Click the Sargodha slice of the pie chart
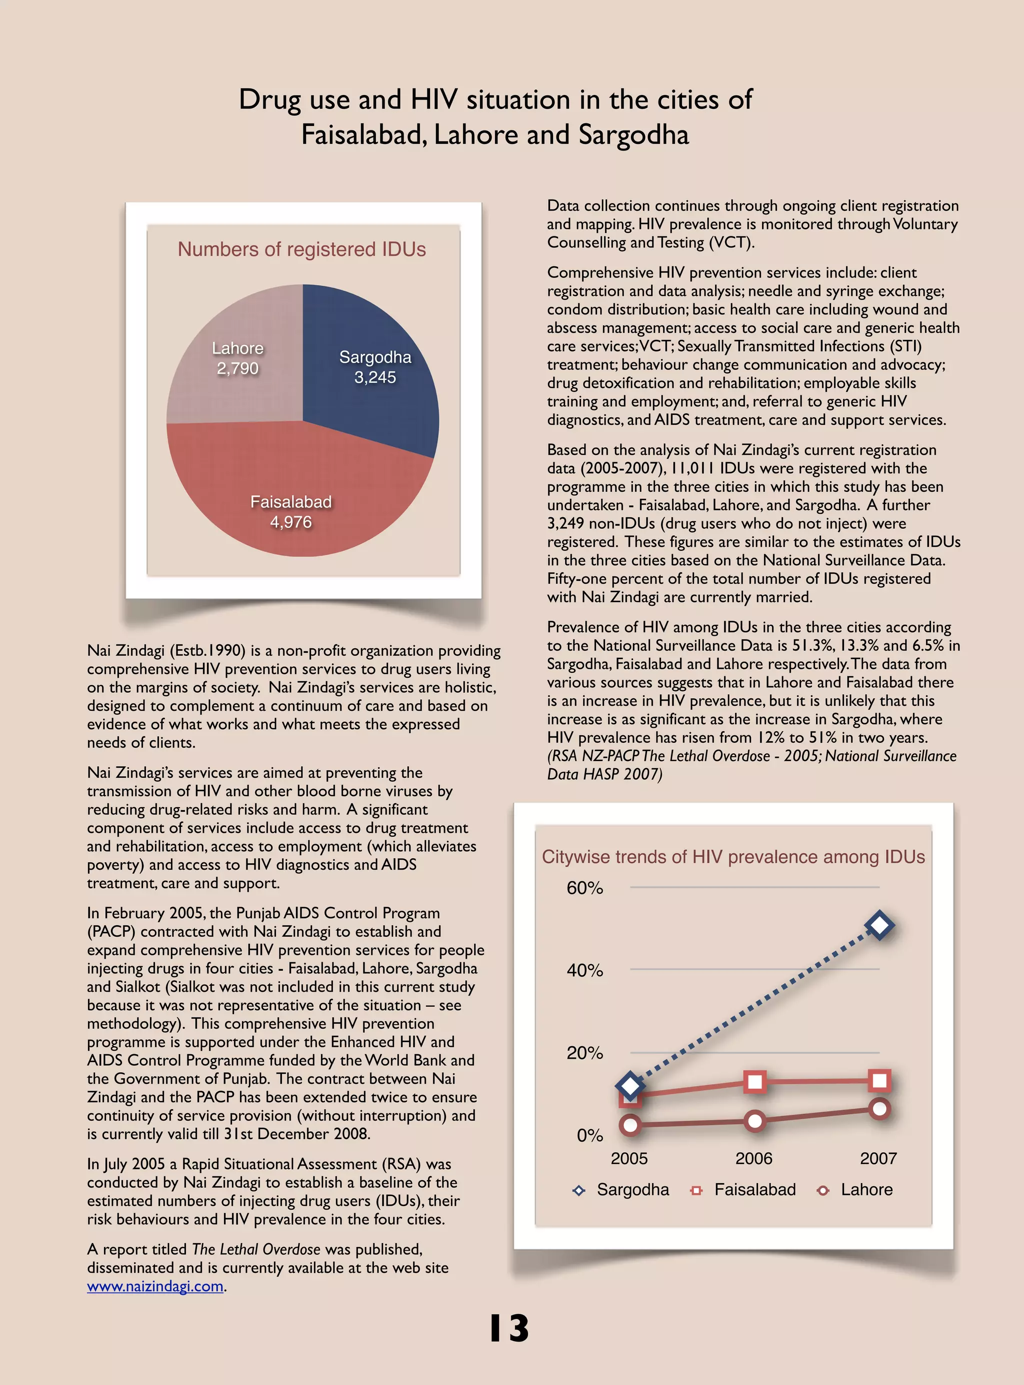click(372, 372)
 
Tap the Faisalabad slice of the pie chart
click(291, 496)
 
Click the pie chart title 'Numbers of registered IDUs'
click(302, 249)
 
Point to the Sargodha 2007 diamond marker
click(879, 926)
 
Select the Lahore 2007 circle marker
click(879, 1109)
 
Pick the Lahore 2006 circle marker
click(755, 1121)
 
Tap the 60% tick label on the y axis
click(584, 888)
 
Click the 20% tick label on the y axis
click(584, 1053)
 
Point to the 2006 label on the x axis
click(753, 1158)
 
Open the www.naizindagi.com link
click(155, 1286)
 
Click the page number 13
click(509, 1328)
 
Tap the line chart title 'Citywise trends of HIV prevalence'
click(733, 857)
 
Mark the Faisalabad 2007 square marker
click(879, 1081)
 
